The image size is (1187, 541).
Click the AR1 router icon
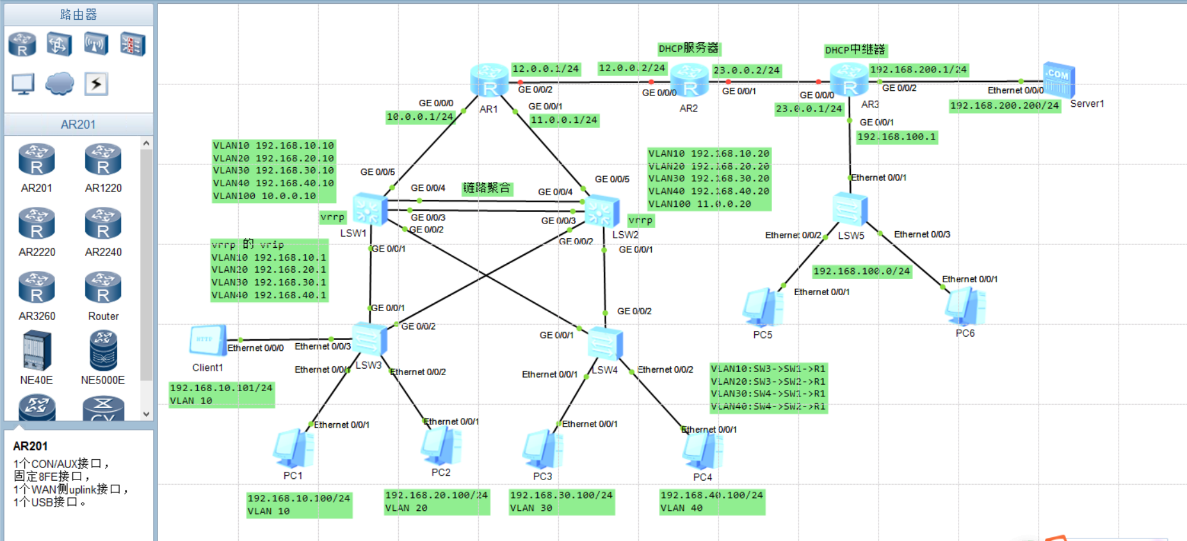(x=489, y=81)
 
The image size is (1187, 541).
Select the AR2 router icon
(x=690, y=82)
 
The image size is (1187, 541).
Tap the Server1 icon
(x=1058, y=80)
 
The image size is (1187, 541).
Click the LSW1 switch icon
(x=370, y=209)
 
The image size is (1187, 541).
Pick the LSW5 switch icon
(x=850, y=209)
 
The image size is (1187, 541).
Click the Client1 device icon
(x=207, y=341)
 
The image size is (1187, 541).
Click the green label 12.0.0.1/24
(x=545, y=69)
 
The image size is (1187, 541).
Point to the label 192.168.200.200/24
(x=1004, y=106)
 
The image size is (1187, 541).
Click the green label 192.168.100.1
(x=896, y=137)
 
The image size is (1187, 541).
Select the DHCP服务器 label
(x=688, y=49)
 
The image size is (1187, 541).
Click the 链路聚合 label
(x=487, y=188)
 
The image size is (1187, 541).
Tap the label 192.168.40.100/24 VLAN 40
(x=711, y=501)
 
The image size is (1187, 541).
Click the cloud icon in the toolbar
(x=60, y=83)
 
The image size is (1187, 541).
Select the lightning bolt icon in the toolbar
(x=96, y=83)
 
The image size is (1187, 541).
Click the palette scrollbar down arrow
(x=146, y=414)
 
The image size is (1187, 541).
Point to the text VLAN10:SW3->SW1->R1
(x=768, y=369)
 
